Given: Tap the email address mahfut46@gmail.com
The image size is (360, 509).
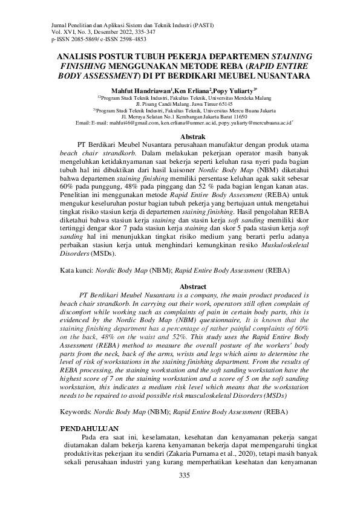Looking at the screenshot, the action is pos(131,123).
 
